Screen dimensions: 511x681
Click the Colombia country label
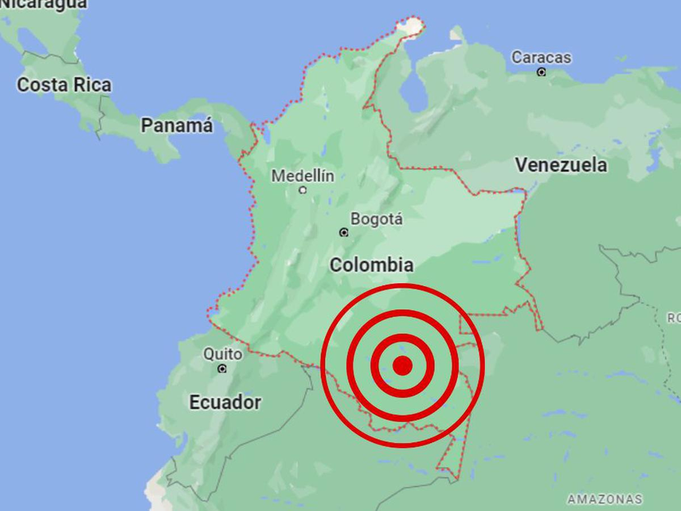point(371,265)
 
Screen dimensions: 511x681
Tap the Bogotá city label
point(377,218)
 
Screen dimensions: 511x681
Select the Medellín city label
point(303,175)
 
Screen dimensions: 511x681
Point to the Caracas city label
point(541,57)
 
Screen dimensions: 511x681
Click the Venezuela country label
point(561,165)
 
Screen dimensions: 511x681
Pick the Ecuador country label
point(225,403)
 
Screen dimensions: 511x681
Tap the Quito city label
point(222,353)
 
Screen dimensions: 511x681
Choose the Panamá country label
point(177,125)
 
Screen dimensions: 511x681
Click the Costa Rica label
point(65,85)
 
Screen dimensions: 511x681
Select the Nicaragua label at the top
point(44,4)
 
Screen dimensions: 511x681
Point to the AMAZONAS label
point(604,499)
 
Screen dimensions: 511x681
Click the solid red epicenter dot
point(402,365)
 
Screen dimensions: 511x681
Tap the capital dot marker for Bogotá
point(344,233)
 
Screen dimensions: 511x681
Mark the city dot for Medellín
point(303,190)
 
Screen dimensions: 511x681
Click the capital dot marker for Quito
point(222,368)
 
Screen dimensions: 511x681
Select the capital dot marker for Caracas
point(541,73)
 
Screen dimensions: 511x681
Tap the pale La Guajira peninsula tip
point(411,26)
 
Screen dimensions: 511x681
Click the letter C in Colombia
point(336,265)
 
